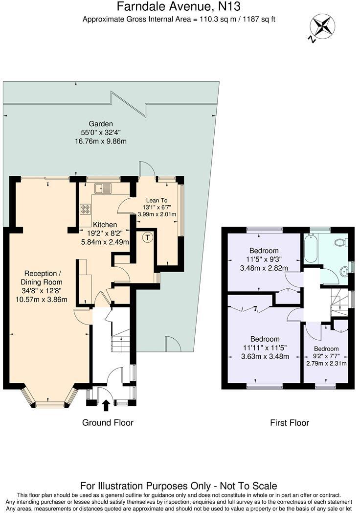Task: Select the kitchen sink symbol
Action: [104, 187]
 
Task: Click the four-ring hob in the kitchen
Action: [86, 210]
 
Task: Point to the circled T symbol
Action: [147, 238]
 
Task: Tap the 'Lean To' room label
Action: [157, 200]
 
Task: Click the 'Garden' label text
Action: [100, 124]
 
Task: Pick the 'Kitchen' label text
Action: [105, 224]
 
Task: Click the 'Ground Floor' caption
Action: [108, 422]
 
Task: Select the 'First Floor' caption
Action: [290, 422]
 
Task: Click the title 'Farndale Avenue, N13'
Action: [179, 7]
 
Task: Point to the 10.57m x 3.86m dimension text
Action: [42, 300]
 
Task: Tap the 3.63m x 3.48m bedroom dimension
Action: [265, 356]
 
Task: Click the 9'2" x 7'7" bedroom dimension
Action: [326, 356]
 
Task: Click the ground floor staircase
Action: [120, 343]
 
